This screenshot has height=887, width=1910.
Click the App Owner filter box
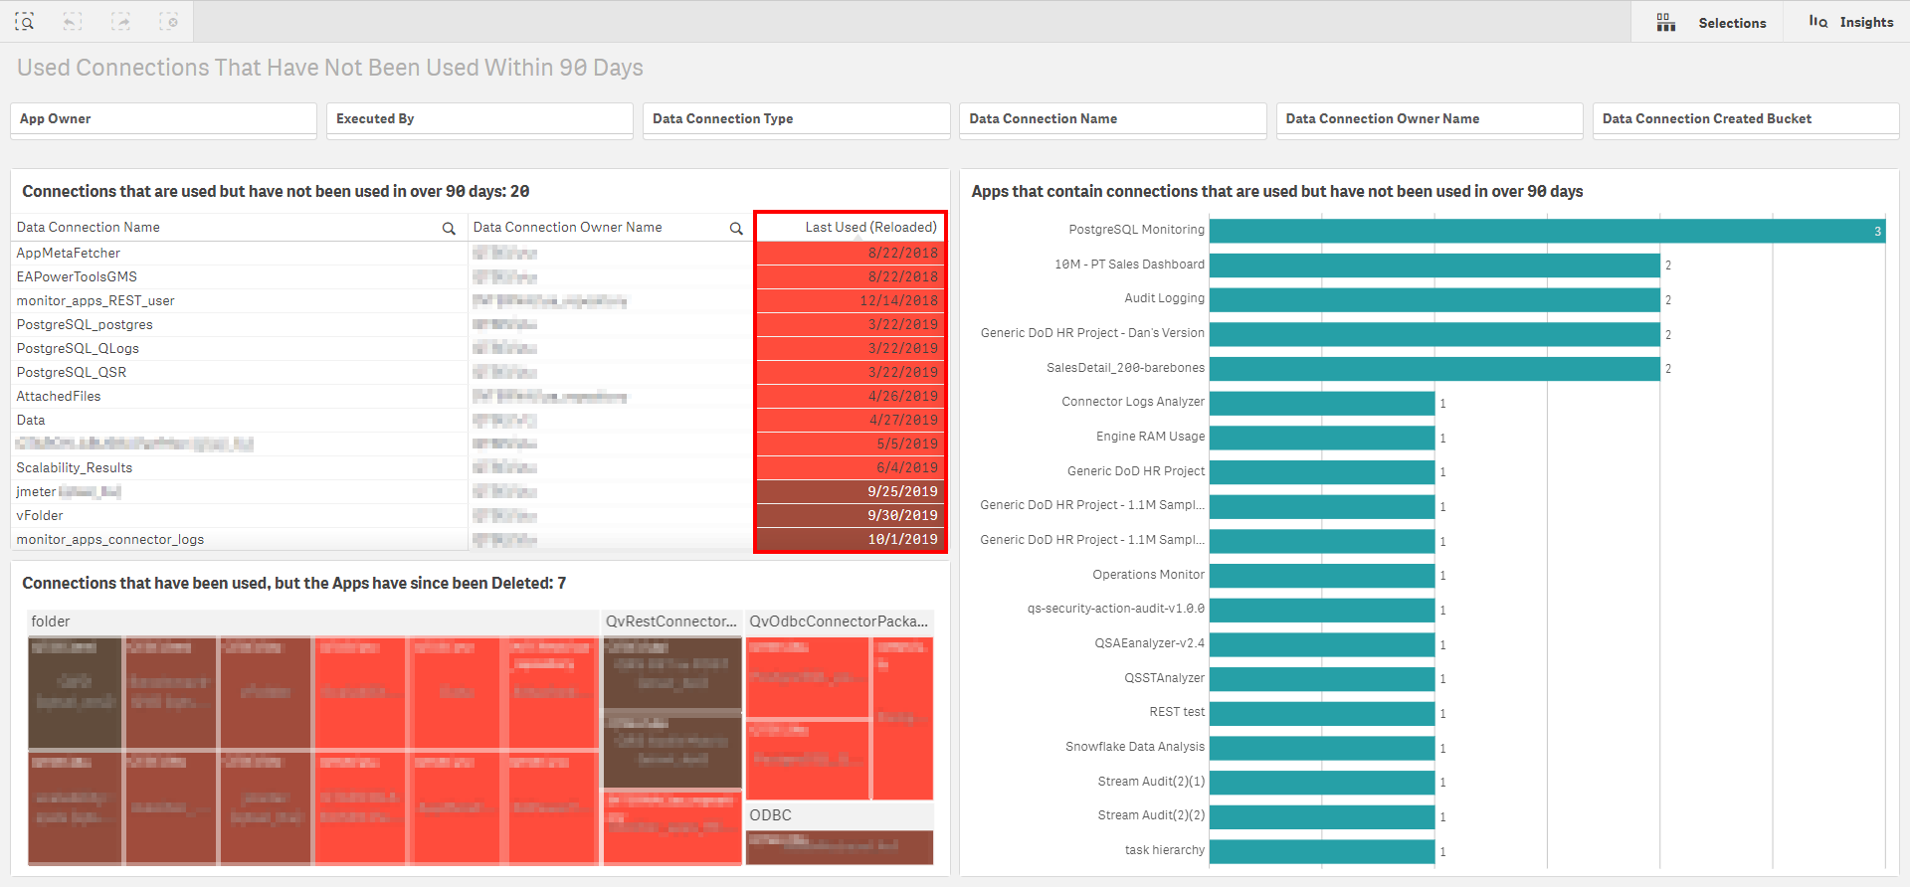163,119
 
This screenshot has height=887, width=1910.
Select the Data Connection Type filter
796,119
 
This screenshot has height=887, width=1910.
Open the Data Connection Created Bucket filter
1745,119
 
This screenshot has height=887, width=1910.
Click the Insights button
1852,22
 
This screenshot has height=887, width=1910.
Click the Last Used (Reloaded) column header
870,228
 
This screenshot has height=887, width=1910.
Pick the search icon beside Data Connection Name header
449,229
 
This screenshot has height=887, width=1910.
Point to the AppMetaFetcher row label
69,254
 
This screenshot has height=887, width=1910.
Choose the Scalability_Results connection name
75,468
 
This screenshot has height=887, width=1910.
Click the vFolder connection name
40,516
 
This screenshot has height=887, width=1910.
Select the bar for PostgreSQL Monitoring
1547,231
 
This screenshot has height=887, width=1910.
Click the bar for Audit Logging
1433,299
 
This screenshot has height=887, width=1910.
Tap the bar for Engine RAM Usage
1321,438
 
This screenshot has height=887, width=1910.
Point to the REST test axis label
1177,712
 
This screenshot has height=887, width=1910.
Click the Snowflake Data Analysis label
1135,747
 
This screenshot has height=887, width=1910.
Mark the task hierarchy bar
1321,851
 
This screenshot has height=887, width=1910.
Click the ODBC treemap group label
771,815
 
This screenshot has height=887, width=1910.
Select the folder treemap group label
51,621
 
